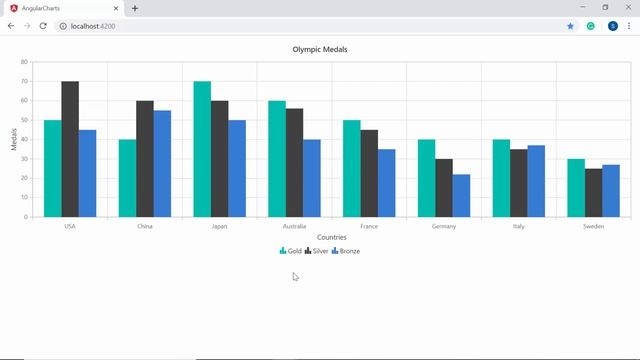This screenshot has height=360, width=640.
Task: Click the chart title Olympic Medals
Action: pyautogui.click(x=320, y=49)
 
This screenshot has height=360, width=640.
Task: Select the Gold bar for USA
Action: pyautogui.click(x=53, y=168)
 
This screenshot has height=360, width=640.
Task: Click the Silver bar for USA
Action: pyautogui.click(x=70, y=149)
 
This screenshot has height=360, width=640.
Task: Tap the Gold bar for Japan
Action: pyautogui.click(x=202, y=149)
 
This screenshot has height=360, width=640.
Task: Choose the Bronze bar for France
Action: pyautogui.click(x=386, y=183)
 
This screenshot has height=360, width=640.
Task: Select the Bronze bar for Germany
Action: pyautogui.click(x=461, y=195)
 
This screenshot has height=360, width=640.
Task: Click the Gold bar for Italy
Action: pyautogui.click(x=501, y=178)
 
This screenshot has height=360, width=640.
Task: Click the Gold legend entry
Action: pyautogui.click(x=291, y=251)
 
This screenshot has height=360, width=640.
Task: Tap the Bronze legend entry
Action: pyautogui.click(x=345, y=251)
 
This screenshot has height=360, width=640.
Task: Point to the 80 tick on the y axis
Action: pyautogui.click(x=24, y=62)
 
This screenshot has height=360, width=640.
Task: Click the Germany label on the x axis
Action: pyautogui.click(x=444, y=226)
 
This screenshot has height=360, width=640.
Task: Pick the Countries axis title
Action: pyautogui.click(x=331, y=238)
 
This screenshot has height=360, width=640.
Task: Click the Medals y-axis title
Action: pyautogui.click(x=14, y=139)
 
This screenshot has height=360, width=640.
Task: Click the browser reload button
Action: pyautogui.click(x=43, y=25)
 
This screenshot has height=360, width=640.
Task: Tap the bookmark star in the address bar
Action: pyautogui.click(x=571, y=25)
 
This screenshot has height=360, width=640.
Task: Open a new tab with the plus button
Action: pyautogui.click(x=135, y=8)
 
